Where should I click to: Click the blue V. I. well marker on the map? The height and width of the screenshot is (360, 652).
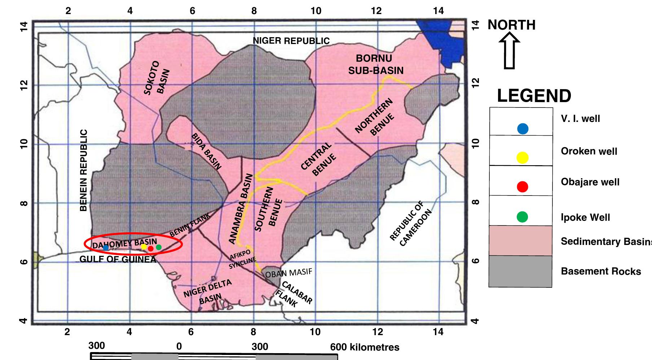tap(106, 247)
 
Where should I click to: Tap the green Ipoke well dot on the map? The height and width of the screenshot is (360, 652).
tap(159, 247)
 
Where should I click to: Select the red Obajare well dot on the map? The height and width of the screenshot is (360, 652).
tap(151, 249)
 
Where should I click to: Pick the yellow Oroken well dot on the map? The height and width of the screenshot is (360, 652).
tap(144, 247)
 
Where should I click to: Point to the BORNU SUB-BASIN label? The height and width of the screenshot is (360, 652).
tap(375, 64)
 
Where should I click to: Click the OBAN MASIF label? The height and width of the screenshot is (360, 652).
tap(288, 273)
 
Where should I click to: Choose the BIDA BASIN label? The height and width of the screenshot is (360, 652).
tap(206, 151)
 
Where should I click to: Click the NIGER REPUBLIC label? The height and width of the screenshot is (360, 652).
tap(291, 41)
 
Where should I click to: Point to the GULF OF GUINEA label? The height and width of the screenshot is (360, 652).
tap(118, 259)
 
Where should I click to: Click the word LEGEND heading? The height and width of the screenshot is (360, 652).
tap(534, 96)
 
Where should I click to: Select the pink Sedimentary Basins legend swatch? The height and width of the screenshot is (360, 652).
tap(520, 241)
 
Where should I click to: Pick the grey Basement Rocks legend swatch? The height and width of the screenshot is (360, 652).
tap(520, 271)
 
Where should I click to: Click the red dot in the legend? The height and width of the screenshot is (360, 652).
tap(523, 187)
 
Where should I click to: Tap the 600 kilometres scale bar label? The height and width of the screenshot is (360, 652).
tap(365, 347)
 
